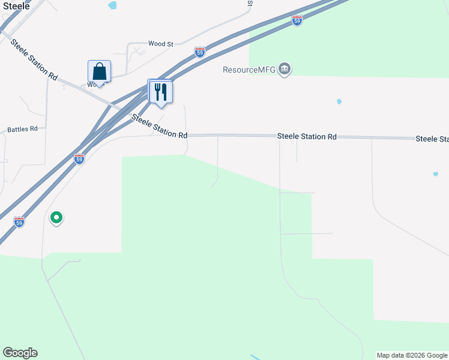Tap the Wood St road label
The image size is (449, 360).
pyautogui.click(x=160, y=44)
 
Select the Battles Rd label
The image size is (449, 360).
pyautogui.click(x=22, y=129)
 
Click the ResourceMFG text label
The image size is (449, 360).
pyautogui.click(x=249, y=70)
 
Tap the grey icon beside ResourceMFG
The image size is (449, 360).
pyautogui.click(x=285, y=70)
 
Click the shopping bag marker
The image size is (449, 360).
pyautogui.click(x=99, y=72)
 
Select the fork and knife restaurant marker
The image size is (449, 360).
pyautogui.click(x=160, y=91)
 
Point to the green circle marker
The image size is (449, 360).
pyautogui.click(x=56, y=217)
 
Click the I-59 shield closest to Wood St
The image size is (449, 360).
pyautogui.click(x=200, y=53)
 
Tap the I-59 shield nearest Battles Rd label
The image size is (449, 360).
pyautogui.click(x=79, y=158)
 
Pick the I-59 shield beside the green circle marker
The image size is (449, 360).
pyautogui.click(x=19, y=221)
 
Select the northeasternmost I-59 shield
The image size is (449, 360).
pyautogui.click(x=297, y=20)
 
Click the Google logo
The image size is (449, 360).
pyautogui.click(x=20, y=353)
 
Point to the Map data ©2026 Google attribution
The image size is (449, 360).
pyautogui.click(x=412, y=355)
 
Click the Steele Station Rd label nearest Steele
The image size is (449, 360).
pyautogui.click(x=34, y=60)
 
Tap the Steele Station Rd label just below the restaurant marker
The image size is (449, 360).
pyautogui.click(x=159, y=127)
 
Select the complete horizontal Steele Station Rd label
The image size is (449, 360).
pyautogui.click(x=306, y=137)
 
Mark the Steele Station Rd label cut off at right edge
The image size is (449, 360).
pyautogui.click(x=432, y=139)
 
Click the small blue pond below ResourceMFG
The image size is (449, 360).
pyautogui.click(x=339, y=101)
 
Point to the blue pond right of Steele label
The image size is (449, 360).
pyautogui.click(x=112, y=5)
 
